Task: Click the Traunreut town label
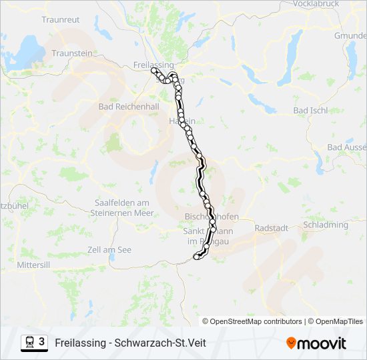(61, 20)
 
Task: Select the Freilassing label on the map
(153, 64)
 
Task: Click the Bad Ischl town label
(310, 111)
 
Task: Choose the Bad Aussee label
(346, 147)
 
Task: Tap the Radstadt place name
(272, 227)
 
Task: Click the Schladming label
(326, 225)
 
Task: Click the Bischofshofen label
(211, 217)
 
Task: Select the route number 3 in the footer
(42, 342)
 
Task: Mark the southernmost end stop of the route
(196, 257)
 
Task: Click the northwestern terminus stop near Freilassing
(154, 70)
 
